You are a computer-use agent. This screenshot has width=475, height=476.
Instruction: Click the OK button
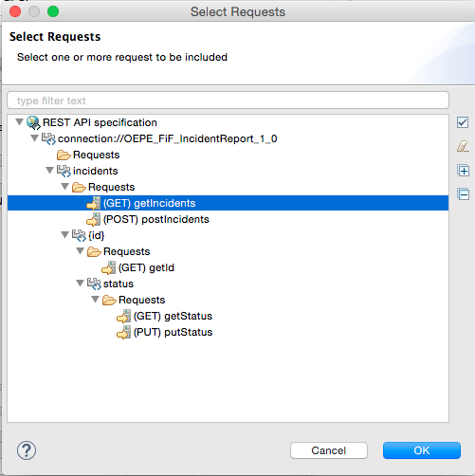coord(422,450)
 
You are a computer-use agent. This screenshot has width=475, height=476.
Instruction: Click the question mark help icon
coord(27,450)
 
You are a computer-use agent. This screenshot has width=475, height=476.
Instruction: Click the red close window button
coord(15,11)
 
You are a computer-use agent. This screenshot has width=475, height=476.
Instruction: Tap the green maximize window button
coord(53,11)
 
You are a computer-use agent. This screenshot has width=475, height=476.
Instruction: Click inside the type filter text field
coord(228,101)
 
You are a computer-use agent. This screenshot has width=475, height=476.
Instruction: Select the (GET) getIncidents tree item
coord(149,203)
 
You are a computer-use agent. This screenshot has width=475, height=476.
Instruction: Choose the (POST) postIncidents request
coord(156,219)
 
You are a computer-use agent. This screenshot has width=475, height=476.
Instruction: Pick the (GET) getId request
coord(146,267)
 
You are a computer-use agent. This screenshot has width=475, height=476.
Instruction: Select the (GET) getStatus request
coord(173,316)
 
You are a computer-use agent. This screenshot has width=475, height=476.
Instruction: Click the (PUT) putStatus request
coord(173,332)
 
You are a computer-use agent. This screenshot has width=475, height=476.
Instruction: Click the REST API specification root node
coord(100,122)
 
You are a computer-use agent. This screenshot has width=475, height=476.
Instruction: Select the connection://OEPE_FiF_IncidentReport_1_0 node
coord(168,138)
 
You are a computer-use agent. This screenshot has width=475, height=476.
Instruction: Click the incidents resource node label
coord(95,171)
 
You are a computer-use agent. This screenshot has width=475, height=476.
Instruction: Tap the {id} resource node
coord(96,235)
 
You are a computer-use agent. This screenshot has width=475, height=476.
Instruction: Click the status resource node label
coord(119,284)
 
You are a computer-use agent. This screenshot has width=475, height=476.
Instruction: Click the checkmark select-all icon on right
coord(463,122)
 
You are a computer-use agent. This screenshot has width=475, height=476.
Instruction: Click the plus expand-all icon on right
coord(464,171)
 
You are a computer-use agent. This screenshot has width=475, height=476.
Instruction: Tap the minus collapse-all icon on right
coord(464,194)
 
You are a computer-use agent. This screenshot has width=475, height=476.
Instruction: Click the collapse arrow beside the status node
coord(81,284)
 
